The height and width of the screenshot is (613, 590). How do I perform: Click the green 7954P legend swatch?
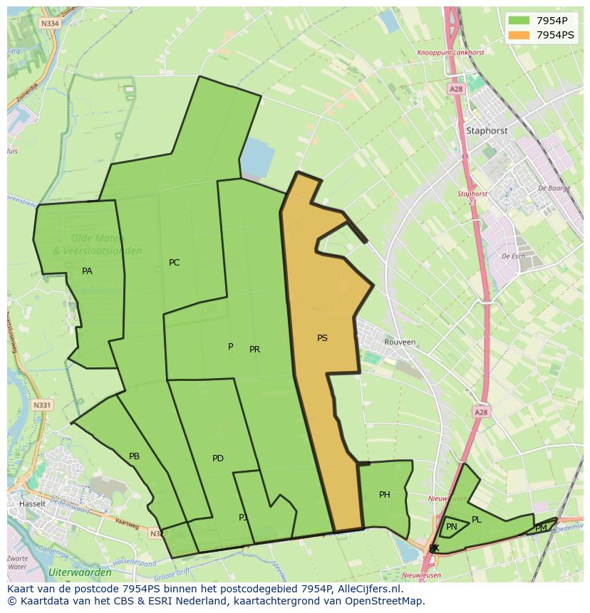519,20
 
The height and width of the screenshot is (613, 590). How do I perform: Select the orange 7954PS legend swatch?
519,34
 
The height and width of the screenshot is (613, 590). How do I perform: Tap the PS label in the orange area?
322,338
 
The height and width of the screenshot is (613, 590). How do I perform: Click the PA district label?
87,271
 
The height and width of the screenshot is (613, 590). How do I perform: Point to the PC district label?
174,263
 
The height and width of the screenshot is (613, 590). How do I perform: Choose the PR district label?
254,350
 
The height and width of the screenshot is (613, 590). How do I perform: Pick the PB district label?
134,456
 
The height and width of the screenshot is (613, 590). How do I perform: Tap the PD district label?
218,459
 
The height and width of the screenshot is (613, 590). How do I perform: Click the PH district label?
385,495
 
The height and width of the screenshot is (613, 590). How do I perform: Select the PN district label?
452,527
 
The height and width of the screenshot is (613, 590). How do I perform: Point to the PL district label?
477,520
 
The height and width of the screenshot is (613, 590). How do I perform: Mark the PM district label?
541,528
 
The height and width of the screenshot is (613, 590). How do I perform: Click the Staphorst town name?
487,131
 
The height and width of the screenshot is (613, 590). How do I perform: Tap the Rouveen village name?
400,342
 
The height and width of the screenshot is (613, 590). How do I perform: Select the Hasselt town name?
33,503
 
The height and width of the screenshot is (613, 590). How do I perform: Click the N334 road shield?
50,23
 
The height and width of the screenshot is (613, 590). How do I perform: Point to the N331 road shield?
42,405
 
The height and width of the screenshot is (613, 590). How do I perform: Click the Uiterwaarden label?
80,572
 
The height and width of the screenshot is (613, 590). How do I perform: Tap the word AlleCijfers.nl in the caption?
368,589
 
